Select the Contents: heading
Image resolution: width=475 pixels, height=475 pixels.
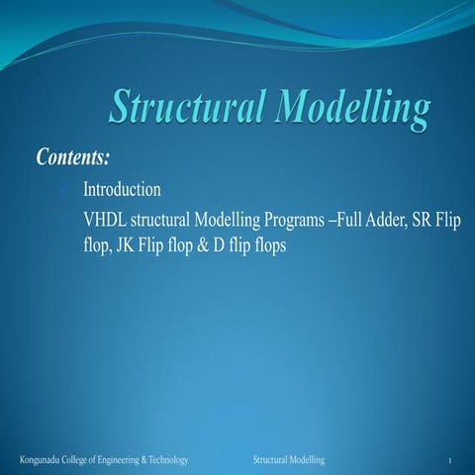(x=72, y=158)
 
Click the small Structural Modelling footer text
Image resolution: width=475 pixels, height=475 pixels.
(x=289, y=462)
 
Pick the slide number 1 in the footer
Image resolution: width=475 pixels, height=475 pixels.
(x=449, y=463)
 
